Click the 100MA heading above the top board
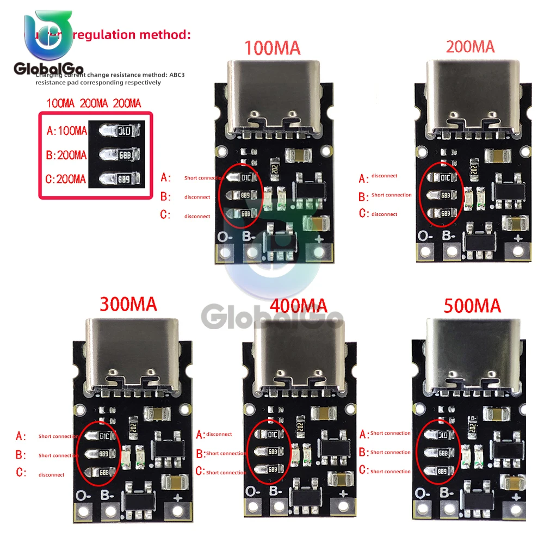point(273,48)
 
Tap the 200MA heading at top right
point(470,46)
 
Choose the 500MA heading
point(472,305)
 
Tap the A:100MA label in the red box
point(67,131)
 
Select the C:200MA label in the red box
point(66,178)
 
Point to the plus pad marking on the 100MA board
point(316,237)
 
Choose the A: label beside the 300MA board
point(21,436)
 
